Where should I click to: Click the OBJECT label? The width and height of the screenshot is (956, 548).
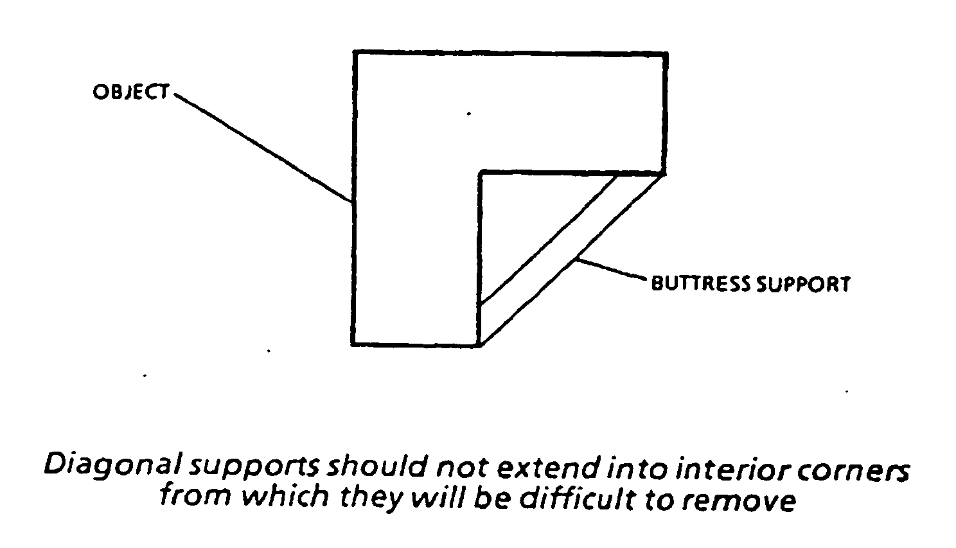pos(130,92)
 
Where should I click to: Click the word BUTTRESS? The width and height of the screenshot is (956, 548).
pos(700,283)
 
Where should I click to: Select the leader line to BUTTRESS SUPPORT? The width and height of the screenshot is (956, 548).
pos(610,270)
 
